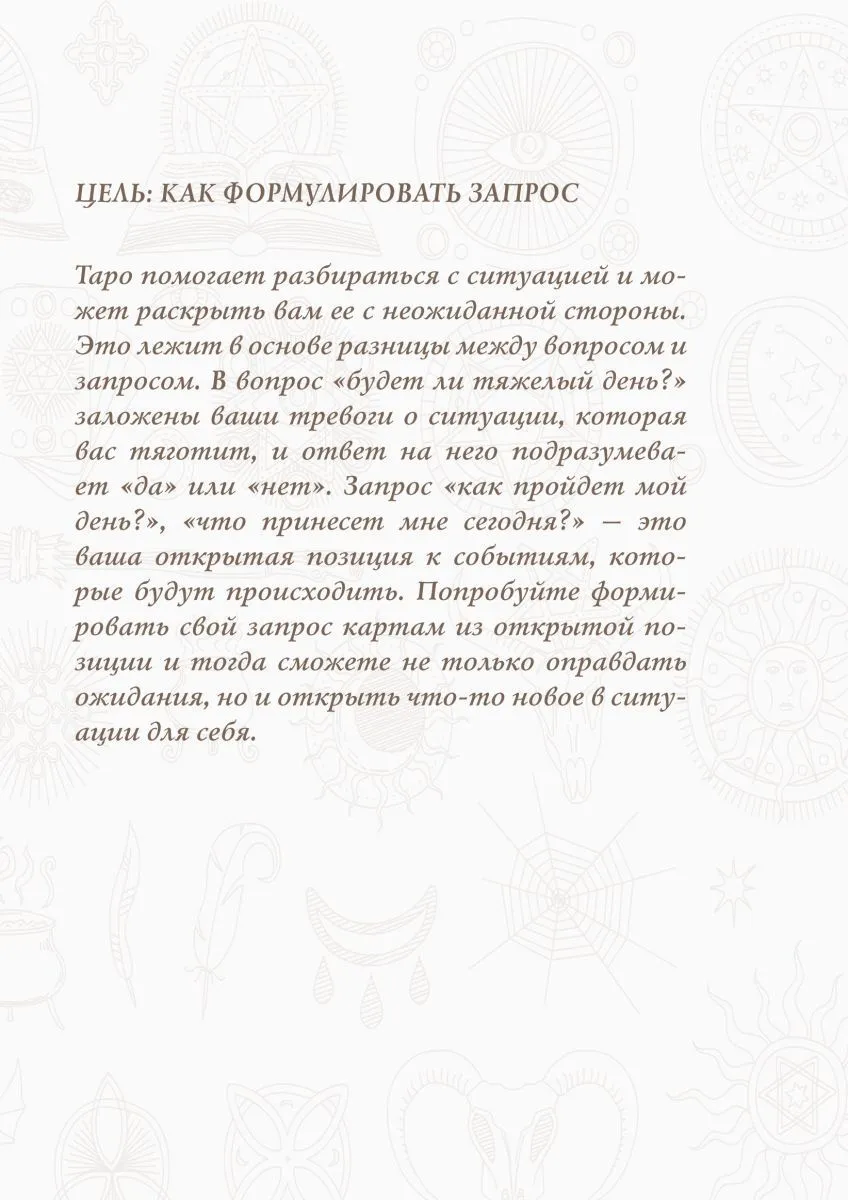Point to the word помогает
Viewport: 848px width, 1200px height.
click(x=195, y=277)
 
